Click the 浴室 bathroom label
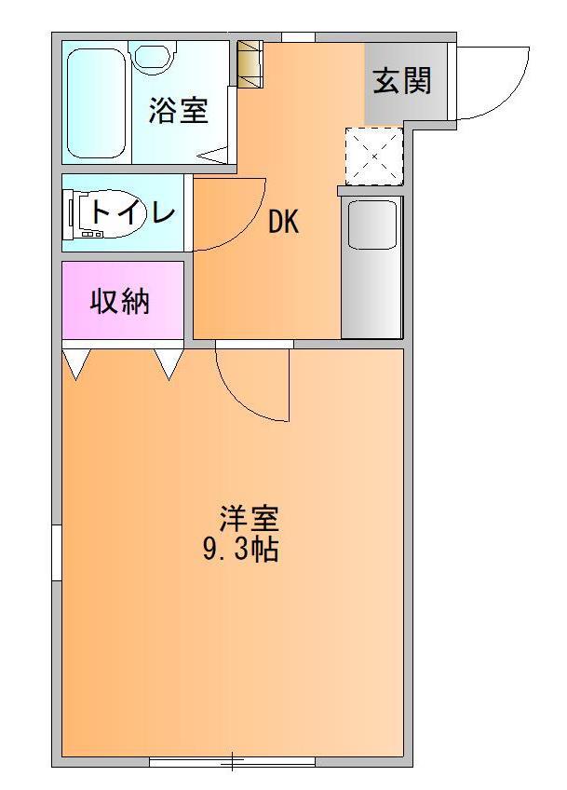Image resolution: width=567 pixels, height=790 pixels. (x=178, y=111)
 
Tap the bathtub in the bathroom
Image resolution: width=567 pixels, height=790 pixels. (x=96, y=102)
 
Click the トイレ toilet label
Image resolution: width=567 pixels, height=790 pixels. (x=132, y=213)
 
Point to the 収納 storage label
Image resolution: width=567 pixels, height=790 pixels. (x=120, y=301)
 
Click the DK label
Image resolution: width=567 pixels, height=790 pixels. (x=283, y=222)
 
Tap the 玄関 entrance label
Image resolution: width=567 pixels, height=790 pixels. (x=402, y=81)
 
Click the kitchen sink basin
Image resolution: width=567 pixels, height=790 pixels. (x=372, y=225)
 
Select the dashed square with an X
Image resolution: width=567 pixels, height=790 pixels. (x=374, y=157)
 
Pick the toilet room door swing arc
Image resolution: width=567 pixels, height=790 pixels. (x=250, y=227)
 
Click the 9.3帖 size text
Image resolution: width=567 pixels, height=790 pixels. (x=241, y=549)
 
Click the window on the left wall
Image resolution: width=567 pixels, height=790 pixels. (x=57, y=552)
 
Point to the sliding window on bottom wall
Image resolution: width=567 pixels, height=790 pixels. (x=232, y=761)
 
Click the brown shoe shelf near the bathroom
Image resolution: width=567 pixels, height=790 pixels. (x=250, y=64)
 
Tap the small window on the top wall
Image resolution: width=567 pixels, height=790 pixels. (x=298, y=37)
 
